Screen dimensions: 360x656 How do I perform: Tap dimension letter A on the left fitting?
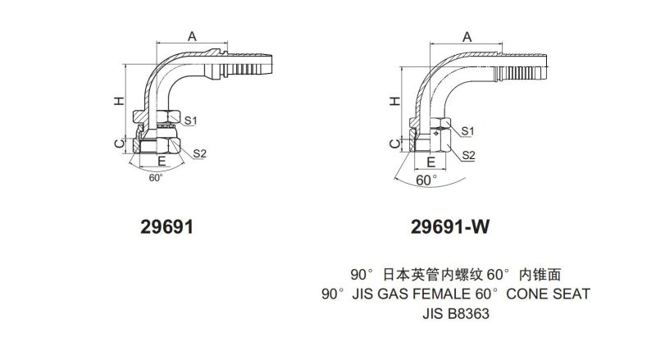tap(192, 35)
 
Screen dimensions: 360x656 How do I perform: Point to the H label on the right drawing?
tap(394, 101)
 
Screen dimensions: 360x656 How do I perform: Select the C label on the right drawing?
tap(394, 144)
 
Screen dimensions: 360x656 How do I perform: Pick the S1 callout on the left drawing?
tap(190, 121)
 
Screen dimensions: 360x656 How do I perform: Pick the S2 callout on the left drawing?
tap(199, 153)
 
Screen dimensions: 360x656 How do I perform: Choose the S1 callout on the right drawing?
tap(468, 130)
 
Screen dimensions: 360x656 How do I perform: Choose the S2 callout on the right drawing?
tap(468, 154)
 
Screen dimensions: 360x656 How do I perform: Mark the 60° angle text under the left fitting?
tap(156, 176)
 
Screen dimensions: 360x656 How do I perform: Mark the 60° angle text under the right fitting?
tap(426, 179)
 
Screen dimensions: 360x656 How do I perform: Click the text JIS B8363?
tap(457, 312)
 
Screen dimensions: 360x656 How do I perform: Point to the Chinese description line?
tap(455, 274)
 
